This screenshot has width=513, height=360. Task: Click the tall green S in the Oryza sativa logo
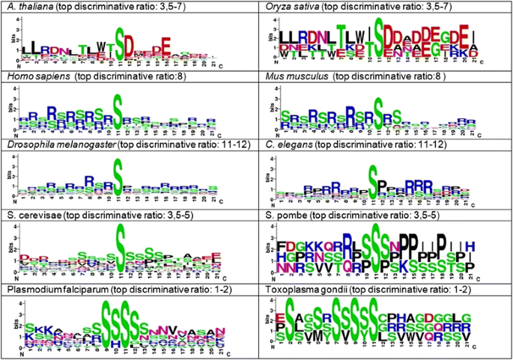380,34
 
